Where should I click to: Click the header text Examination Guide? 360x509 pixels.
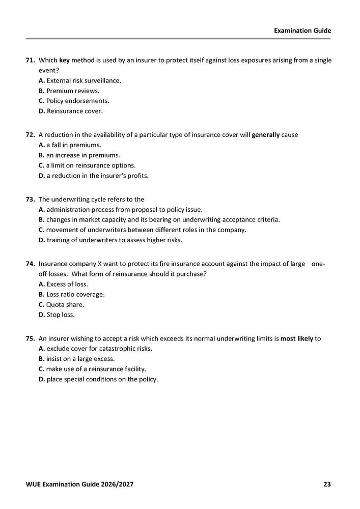coord(302,31)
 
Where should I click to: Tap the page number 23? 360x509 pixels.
coord(327,484)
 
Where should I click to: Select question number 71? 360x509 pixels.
coord(31,60)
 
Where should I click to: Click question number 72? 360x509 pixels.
coord(31,135)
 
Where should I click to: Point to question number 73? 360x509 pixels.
coord(31,200)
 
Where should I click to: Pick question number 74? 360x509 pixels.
coord(31,264)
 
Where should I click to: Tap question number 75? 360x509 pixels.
coord(31,338)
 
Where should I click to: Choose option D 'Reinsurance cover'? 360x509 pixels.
coord(74,111)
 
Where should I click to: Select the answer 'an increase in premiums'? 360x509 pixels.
coord(83,155)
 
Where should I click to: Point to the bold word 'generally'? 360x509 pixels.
coord(266,135)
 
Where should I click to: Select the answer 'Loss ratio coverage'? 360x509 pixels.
coord(75,295)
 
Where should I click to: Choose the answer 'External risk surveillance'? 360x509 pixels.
coord(84,80)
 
